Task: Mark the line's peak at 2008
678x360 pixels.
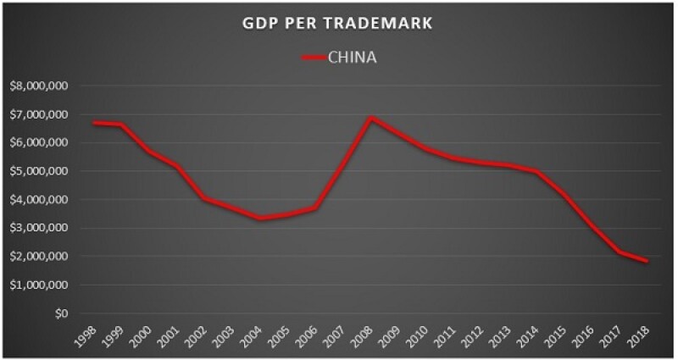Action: [x=371, y=118]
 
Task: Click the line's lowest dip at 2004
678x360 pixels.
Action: [x=261, y=219]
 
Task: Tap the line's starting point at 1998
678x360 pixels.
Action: [x=96, y=123]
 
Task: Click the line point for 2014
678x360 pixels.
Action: [x=536, y=172]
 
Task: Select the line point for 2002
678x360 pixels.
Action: [x=206, y=198]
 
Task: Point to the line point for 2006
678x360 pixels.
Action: [x=316, y=208]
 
